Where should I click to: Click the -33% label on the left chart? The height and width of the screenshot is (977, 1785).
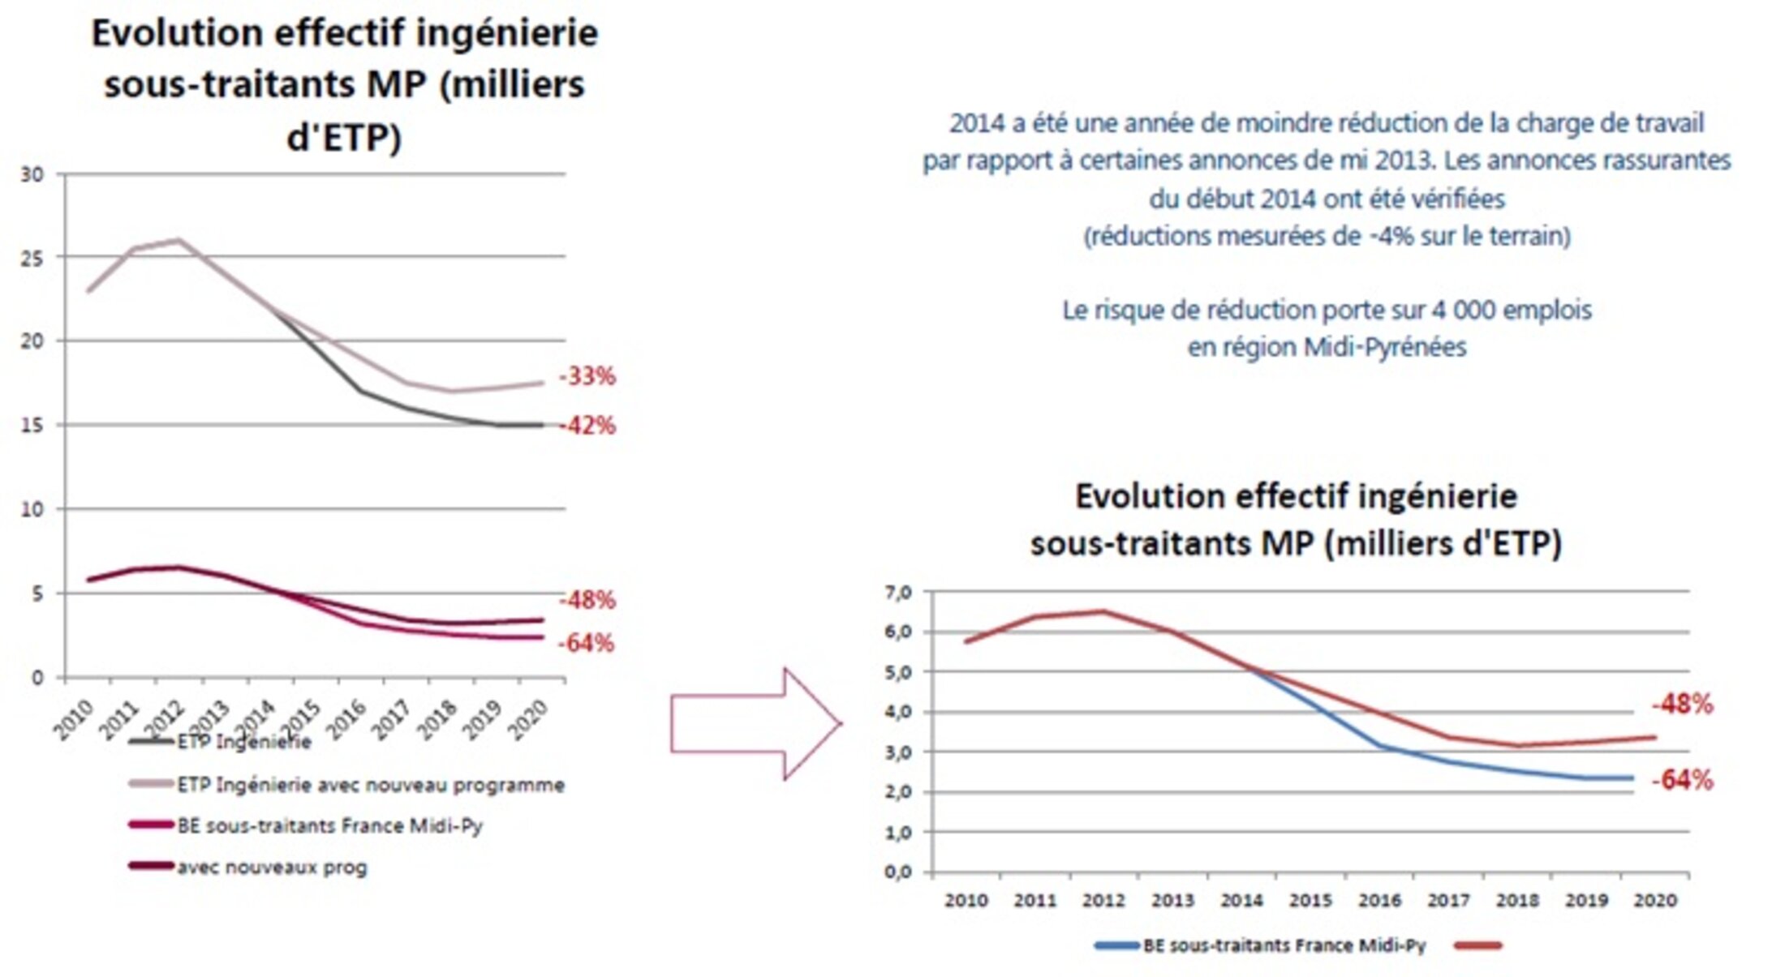tap(587, 376)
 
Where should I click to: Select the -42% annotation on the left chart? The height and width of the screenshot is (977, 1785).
tap(587, 426)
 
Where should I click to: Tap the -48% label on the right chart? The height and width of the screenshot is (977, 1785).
tap(1682, 705)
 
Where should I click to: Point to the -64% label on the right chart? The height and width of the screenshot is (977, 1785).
tap(1682, 780)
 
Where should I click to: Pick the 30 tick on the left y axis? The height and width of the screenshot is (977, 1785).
tap(32, 174)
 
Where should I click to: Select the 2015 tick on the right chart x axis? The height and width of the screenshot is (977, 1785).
tap(1310, 900)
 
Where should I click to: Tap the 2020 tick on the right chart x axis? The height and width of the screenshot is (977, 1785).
tap(1655, 900)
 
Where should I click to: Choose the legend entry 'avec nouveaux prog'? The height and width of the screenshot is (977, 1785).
tap(272, 868)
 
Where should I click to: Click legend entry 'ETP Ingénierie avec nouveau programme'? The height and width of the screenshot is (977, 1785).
tap(370, 785)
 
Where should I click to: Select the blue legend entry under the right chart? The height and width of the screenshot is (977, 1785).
tap(1284, 945)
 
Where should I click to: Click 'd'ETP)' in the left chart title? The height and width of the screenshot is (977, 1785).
tap(344, 136)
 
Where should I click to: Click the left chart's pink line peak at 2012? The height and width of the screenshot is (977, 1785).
tap(178, 240)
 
